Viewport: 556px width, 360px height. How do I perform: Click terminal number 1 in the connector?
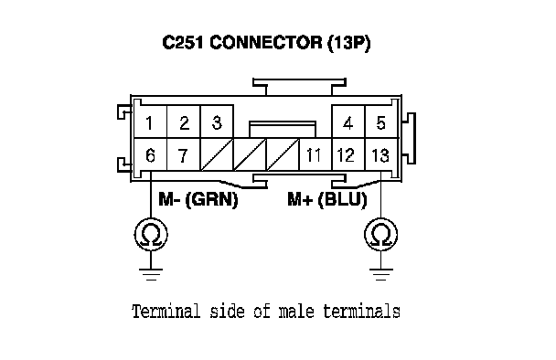(x=149, y=123)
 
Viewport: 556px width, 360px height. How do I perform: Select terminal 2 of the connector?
(x=184, y=123)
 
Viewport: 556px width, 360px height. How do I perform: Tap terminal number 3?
(x=217, y=123)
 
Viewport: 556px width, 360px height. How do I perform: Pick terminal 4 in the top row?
(x=348, y=123)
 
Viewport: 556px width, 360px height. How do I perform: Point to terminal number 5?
(x=380, y=123)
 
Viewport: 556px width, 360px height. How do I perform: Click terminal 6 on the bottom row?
(x=150, y=155)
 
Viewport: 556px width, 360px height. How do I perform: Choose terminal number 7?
(x=183, y=155)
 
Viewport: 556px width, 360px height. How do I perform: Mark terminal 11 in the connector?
(x=314, y=155)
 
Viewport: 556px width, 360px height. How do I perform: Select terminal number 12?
(x=346, y=155)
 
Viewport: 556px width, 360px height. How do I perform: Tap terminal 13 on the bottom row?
(x=380, y=155)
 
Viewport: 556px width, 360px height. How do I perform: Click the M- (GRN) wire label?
(x=198, y=199)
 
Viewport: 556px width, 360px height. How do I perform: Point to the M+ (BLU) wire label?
(x=327, y=199)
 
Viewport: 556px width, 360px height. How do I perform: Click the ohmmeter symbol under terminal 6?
(x=151, y=234)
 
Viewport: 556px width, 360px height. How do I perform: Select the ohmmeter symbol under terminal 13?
(x=380, y=234)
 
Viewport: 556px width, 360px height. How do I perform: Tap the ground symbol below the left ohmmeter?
(x=151, y=274)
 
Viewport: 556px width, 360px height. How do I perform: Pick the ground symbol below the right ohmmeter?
(x=381, y=274)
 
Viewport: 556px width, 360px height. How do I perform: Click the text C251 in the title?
(x=183, y=43)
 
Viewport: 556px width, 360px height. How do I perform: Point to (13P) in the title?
(x=349, y=43)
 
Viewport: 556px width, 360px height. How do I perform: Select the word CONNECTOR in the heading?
(x=266, y=43)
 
